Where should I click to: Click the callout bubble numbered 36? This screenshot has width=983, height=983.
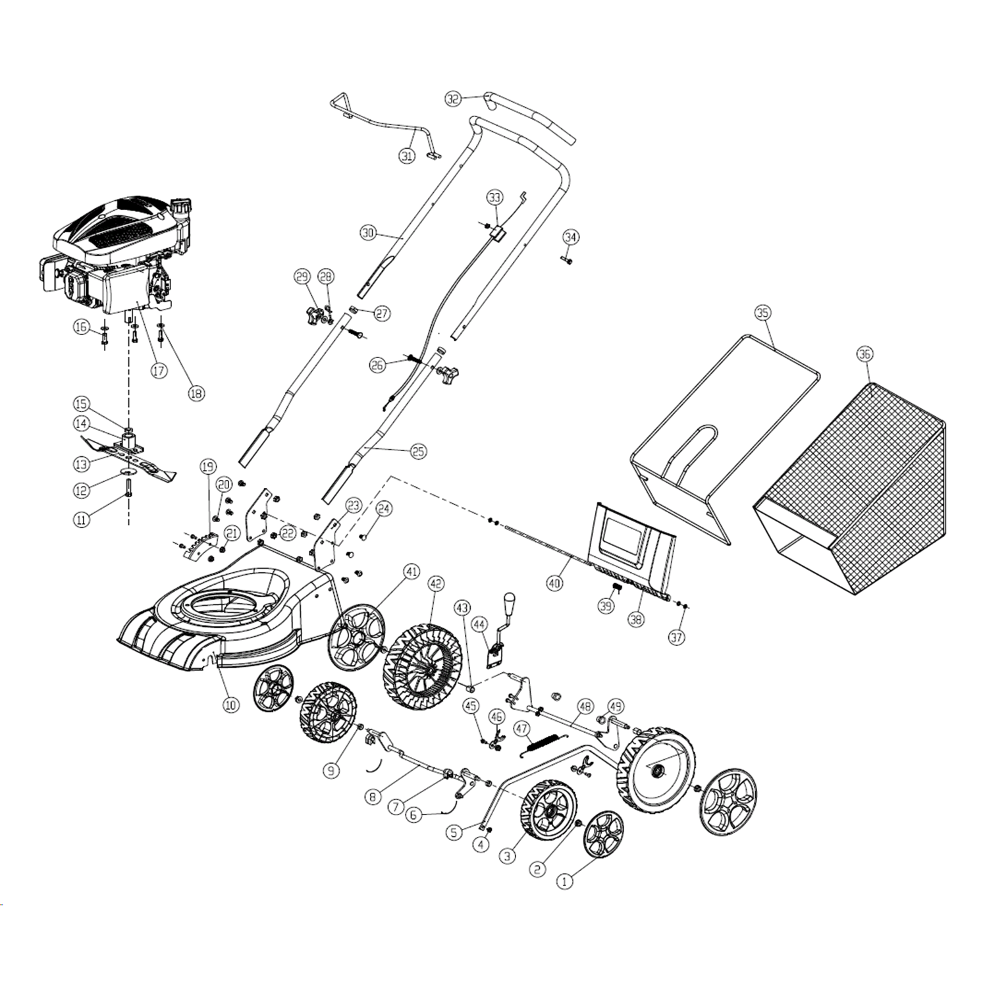tap(864, 354)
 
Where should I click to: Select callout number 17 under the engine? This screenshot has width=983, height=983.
tap(159, 370)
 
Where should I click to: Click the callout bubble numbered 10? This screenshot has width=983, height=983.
tap(230, 704)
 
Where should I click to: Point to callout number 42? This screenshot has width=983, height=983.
tap(436, 583)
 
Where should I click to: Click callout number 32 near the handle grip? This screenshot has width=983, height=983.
tap(453, 99)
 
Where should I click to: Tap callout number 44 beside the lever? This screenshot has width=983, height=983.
tap(479, 623)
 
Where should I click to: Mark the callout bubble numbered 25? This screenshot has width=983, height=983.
tap(418, 452)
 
